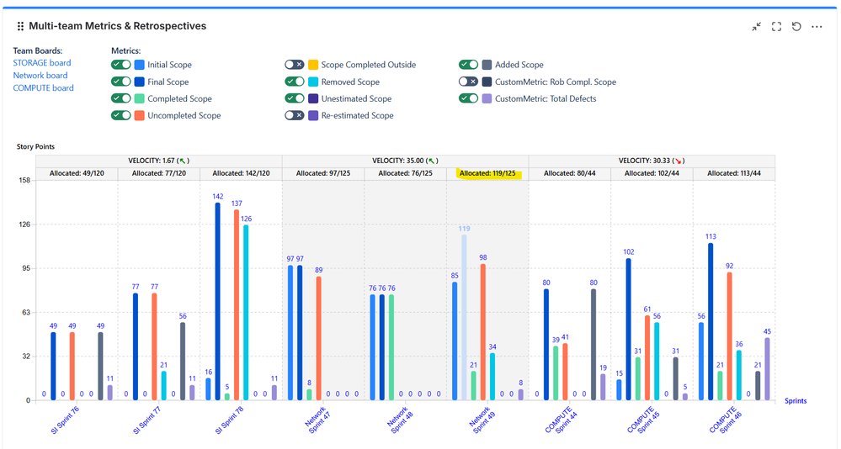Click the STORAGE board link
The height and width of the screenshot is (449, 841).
tap(42, 63)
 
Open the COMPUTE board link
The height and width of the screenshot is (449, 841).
tap(43, 88)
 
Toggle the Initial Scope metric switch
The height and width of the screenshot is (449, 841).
tap(121, 65)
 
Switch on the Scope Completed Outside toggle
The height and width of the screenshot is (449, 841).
tap(294, 65)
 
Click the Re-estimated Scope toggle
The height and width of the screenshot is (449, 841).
tap(294, 116)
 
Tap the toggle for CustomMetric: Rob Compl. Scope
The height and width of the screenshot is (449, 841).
tap(468, 82)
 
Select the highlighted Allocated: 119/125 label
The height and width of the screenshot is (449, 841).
tap(487, 174)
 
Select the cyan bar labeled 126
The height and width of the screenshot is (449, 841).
tap(246, 312)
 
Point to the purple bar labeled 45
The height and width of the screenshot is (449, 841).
tap(767, 368)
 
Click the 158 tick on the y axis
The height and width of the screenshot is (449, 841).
tap(24, 180)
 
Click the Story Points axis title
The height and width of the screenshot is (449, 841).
tap(35, 147)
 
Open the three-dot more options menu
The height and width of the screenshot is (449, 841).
tap(817, 27)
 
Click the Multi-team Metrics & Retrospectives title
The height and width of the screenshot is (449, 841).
tap(117, 26)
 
